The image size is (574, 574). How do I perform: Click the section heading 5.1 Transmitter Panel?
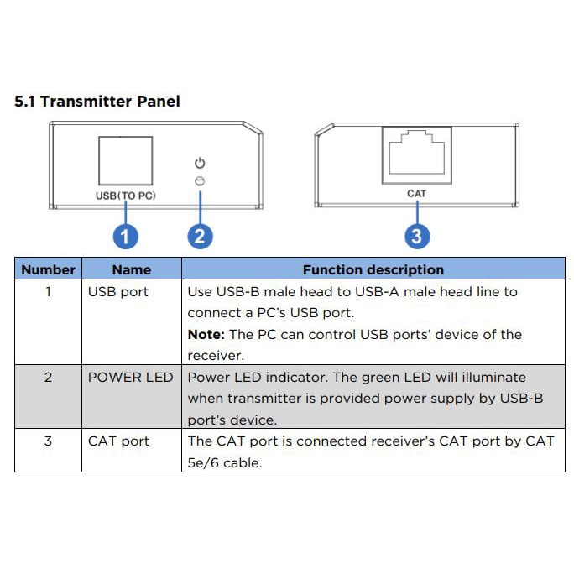coord(97,102)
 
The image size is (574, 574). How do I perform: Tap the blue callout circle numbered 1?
coord(125,236)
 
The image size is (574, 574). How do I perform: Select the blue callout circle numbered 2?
coord(199,236)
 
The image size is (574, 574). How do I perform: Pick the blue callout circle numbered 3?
coord(416,236)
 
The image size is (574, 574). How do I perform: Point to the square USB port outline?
coord(125,160)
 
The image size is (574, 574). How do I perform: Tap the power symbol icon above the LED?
coord(200,164)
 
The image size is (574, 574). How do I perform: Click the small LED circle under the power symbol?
coord(200,180)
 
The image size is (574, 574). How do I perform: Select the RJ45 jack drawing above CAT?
coord(416,153)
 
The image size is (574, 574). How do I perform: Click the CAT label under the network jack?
coord(416,193)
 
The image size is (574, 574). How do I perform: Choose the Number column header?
coord(48,269)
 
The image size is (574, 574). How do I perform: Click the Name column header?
coord(132,269)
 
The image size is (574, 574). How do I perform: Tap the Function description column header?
coord(373,269)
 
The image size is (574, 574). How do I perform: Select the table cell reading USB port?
coord(117,292)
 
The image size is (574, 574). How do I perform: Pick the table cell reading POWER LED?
coord(130,378)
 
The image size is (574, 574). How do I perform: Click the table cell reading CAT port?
coord(118,441)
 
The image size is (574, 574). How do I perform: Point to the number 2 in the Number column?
coord(48,378)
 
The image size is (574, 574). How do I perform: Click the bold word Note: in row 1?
coord(206,335)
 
